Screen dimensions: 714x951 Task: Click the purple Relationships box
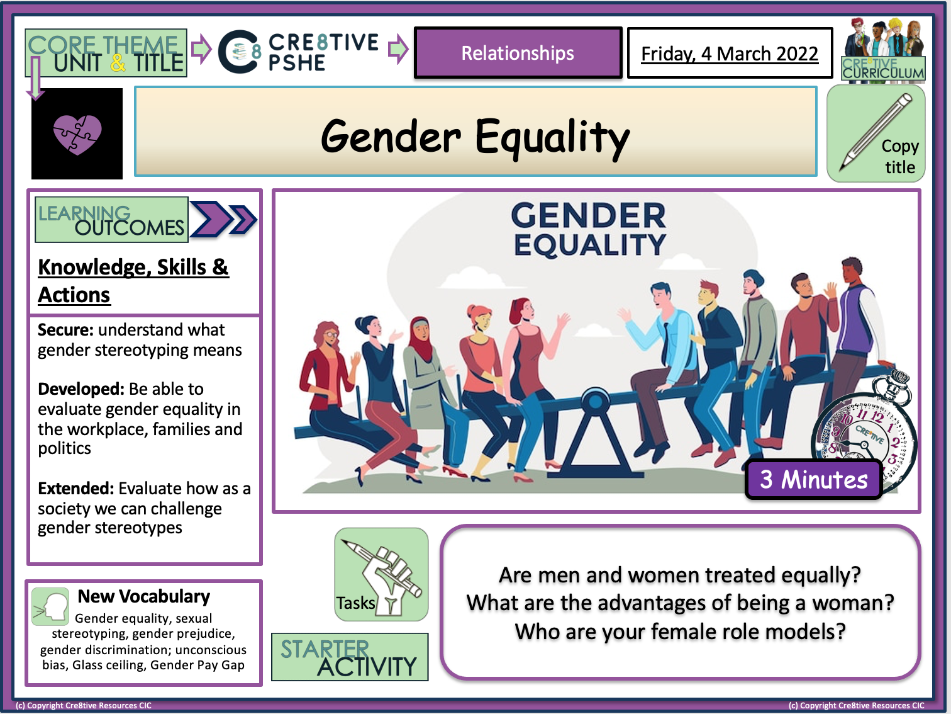pos(518,53)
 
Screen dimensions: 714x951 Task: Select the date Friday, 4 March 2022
pos(730,54)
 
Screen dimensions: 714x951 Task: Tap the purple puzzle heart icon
pos(77,134)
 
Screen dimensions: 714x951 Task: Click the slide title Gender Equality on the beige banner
pos(475,136)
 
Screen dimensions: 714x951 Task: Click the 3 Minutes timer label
pos(814,480)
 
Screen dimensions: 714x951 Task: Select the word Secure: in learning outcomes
pos(65,330)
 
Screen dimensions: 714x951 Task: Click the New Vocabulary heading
pos(143,596)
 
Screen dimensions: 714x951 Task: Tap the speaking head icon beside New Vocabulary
pos(50,606)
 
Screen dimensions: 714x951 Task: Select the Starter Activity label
pos(350,657)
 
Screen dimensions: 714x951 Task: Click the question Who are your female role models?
pos(680,631)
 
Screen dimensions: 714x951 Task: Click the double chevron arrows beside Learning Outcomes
pos(223,219)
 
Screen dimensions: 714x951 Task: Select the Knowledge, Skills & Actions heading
pos(133,280)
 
